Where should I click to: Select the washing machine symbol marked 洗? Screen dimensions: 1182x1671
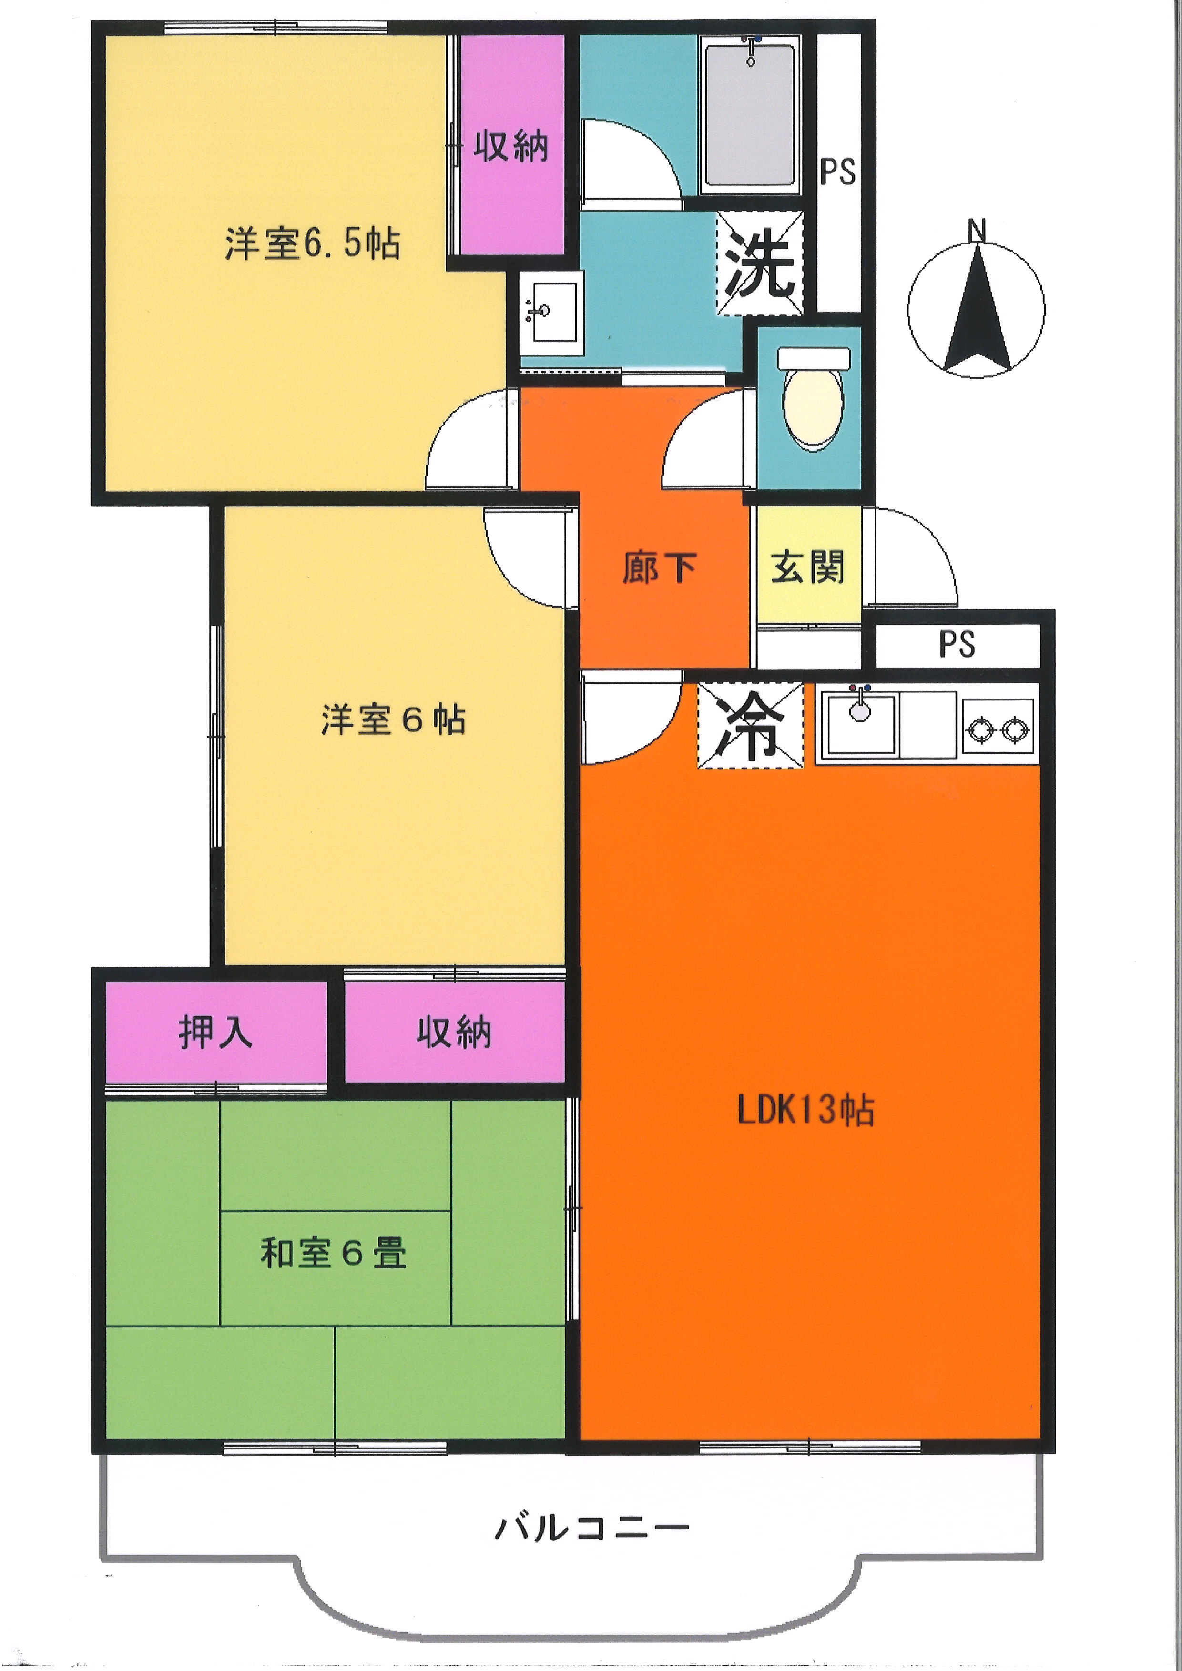(x=760, y=263)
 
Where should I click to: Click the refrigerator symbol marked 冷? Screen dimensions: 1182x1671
(x=750, y=725)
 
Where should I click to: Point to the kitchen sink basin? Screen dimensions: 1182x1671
(x=859, y=723)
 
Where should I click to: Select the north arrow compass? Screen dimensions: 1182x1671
(x=976, y=309)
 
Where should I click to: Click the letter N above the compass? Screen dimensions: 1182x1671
(x=977, y=230)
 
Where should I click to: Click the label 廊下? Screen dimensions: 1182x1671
(x=660, y=567)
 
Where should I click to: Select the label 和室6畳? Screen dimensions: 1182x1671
(x=333, y=1253)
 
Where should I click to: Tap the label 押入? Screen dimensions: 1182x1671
(x=215, y=1032)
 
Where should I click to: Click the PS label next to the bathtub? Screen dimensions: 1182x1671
(x=838, y=172)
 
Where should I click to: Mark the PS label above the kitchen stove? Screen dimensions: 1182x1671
(x=957, y=644)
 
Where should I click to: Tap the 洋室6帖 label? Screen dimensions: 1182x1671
(x=393, y=719)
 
